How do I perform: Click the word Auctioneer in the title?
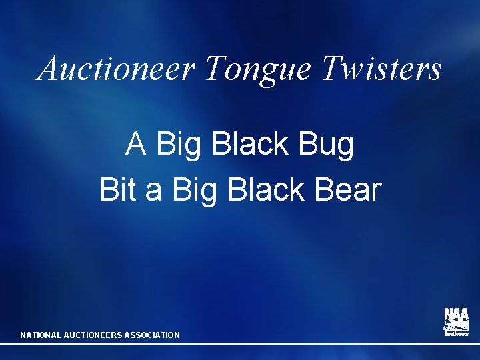[117, 68]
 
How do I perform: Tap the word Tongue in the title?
[258, 69]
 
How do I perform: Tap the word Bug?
[327, 145]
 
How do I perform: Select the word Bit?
[118, 189]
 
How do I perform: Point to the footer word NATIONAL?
[41, 335]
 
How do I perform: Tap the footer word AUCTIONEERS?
[93, 335]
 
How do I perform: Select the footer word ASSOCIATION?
[152, 335]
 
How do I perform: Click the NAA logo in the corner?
[456, 322]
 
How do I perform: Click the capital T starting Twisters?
[331, 68]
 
